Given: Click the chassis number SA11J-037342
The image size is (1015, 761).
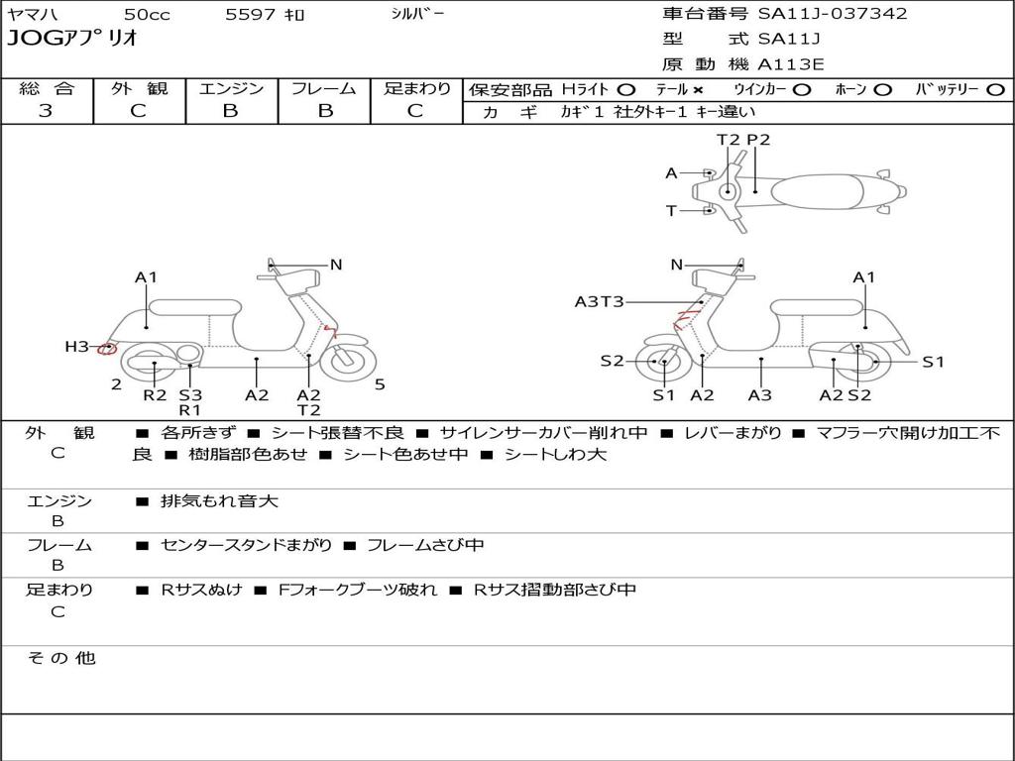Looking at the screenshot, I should [x=833, y=14].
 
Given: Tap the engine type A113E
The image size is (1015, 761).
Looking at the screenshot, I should [x=790, y=64].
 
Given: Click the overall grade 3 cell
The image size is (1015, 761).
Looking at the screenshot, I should [x=46, y=111].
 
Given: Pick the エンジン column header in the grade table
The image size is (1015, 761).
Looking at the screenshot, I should [x=231, y=88].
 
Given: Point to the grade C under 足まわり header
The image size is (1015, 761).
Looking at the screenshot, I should [x=415, y=111].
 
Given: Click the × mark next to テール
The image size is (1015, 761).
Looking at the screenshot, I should [x=699, y=89].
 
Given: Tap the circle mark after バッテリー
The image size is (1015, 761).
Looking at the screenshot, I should [x=994, y=89].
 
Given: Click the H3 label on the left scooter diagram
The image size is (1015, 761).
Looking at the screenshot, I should [x=76, y=346].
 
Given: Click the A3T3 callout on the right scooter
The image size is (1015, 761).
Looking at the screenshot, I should [x=599, y=301].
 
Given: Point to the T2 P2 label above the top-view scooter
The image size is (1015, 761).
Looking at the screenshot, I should [x=743, y=140].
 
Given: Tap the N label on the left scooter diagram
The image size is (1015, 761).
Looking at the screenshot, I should [x=336, y=265].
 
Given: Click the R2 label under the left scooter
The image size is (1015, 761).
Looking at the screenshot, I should [x=155, y=395].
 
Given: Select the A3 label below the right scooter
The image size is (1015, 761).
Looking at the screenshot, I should [x=760, y=395].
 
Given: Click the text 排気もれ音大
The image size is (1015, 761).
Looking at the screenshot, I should [x=219, y=501].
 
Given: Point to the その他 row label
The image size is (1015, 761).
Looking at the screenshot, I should [x=61, y=658].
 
